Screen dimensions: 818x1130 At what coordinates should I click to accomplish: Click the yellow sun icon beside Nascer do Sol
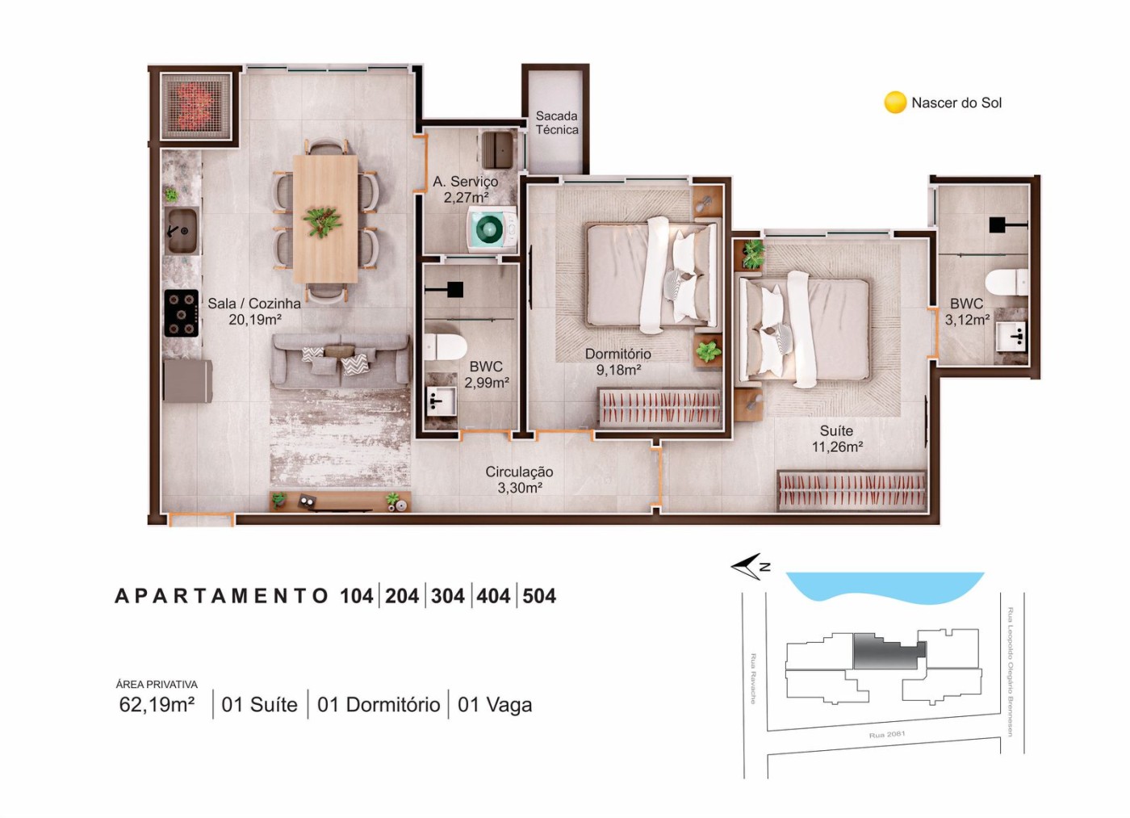tap(895, 103)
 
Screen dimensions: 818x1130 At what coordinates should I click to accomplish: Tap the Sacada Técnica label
tap(557, 123)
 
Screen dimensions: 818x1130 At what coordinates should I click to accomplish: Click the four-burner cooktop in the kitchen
tap(182, 313)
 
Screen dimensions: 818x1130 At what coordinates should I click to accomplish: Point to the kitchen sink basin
tap(181, 231)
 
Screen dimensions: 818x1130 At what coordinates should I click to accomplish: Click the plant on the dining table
tap(322, 220)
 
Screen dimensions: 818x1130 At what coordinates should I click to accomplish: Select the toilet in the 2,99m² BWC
tap(444, 346)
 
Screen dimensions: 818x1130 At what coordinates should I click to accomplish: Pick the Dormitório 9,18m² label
tap(617, 362)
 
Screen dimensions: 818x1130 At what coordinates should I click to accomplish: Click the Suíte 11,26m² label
tap(837, 438)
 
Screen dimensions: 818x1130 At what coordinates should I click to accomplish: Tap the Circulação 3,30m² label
tap(519, 480)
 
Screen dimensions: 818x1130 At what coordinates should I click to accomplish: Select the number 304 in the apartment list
tap(447, 596)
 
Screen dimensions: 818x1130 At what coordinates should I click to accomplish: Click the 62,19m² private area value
tap(157, 705)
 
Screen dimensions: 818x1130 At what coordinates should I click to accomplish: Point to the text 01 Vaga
tap(494, 705)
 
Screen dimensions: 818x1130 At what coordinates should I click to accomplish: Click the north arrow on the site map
tap(748, 566)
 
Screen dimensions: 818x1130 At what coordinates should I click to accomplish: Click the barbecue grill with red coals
tap(195, 106)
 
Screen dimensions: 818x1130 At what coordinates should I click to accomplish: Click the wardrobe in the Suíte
tap(852, 491)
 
